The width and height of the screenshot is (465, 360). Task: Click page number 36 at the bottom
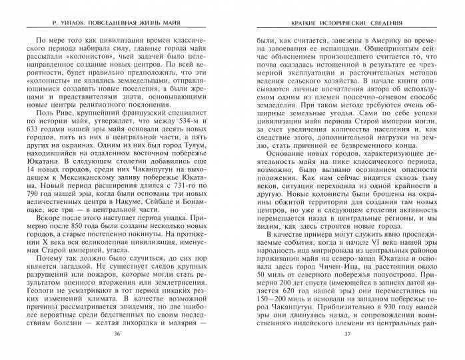click(118, 351)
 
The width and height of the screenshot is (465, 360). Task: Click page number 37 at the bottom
click(344, 351)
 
